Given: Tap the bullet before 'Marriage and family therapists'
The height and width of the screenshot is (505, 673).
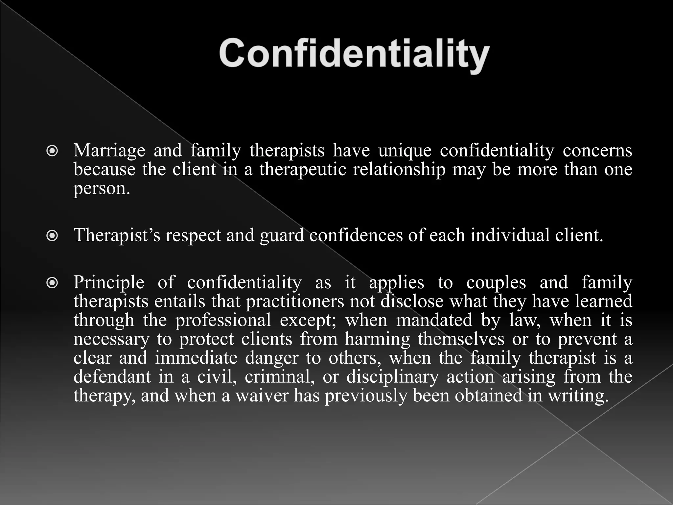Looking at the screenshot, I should coord(52,152).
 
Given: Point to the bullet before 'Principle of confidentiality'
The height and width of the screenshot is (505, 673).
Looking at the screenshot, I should coord(52,283).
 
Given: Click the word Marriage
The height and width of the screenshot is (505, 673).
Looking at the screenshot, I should coord(109,151).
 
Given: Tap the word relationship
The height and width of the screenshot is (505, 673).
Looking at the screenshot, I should coord(399,170).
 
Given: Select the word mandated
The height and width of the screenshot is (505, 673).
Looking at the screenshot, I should coord(434,320).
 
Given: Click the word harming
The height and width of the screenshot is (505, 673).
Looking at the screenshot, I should coord(377,339).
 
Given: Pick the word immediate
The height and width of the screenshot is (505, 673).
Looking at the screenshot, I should coord(196,358).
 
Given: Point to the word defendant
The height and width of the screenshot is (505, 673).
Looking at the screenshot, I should coord(112,376).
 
